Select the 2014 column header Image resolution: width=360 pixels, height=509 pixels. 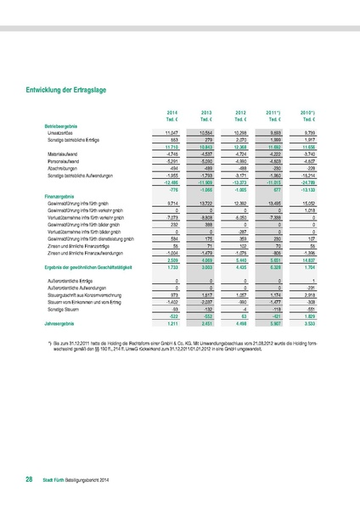click(x=171, y=112)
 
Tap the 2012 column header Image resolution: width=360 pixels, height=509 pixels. click(x=241, y=112)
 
